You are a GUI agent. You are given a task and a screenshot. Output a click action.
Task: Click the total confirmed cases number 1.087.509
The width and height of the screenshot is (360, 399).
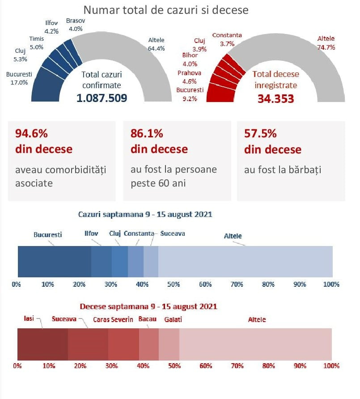(x=102, y=98)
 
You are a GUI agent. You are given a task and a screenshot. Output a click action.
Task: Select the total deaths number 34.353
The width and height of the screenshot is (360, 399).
(x=275, y=98)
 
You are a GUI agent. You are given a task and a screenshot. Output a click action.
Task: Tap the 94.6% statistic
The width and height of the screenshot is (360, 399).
(x=31, y=133)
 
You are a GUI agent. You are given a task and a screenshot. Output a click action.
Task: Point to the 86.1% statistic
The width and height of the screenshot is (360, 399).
(x=147, y=133)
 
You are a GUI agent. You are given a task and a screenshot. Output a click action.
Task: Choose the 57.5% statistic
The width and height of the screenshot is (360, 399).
(x=260, y=133)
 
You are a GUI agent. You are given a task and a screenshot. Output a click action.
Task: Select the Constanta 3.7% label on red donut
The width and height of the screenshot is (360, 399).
(x=227, y=39)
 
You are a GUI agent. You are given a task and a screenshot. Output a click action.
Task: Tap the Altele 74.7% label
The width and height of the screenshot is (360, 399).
(x=326, y=43)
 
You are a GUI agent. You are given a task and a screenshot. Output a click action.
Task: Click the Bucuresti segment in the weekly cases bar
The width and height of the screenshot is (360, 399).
(x=54, y=261)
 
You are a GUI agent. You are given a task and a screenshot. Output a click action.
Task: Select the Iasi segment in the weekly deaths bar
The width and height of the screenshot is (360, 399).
(x=42, y=344)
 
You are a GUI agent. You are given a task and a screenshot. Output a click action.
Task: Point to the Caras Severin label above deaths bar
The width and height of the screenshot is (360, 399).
(x=113, y=320)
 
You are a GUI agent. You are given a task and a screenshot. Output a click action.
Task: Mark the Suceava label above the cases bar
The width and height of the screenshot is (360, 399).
(x=172, y=233)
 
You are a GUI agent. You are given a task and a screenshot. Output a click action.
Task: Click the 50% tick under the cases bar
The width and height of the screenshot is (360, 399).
(x=174, y=284)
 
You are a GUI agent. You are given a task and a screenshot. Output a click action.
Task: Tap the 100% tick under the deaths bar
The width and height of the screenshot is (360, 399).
(x=331, y=366)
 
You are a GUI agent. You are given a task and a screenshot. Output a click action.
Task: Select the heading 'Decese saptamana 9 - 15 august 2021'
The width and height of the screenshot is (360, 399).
(x=148, y=307)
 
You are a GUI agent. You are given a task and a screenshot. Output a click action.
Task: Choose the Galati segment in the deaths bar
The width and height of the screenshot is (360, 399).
(x=169, y=344)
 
